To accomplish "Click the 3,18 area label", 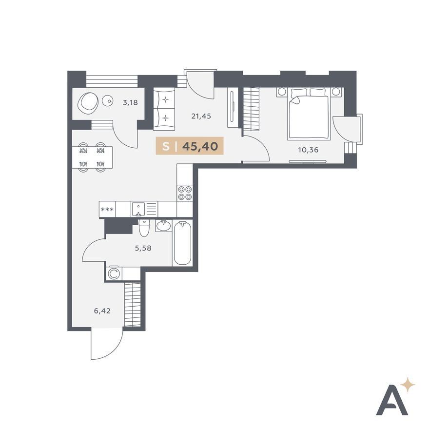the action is point(130,103).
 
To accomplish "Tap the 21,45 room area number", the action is point(201,117).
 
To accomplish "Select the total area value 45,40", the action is point(200,146).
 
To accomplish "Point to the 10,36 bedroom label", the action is point(308,150).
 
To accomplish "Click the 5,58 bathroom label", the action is point(143,248).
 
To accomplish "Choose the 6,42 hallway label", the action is point(102,311).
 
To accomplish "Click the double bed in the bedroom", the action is point(308,113).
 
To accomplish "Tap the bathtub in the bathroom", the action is point(182,243).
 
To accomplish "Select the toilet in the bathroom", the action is point(144,228).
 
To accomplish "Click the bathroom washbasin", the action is point(163,226).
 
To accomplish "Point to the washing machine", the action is point(113,273).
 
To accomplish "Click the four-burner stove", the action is point(185,193).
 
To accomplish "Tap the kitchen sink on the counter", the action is point(139,209).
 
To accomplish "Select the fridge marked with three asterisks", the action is point(107,210).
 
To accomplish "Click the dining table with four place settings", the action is point(92,157).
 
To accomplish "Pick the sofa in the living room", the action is point(164,109).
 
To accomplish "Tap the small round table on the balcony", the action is point(108,101).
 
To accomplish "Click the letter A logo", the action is point(392,400).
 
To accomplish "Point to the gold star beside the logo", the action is point(408,385).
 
